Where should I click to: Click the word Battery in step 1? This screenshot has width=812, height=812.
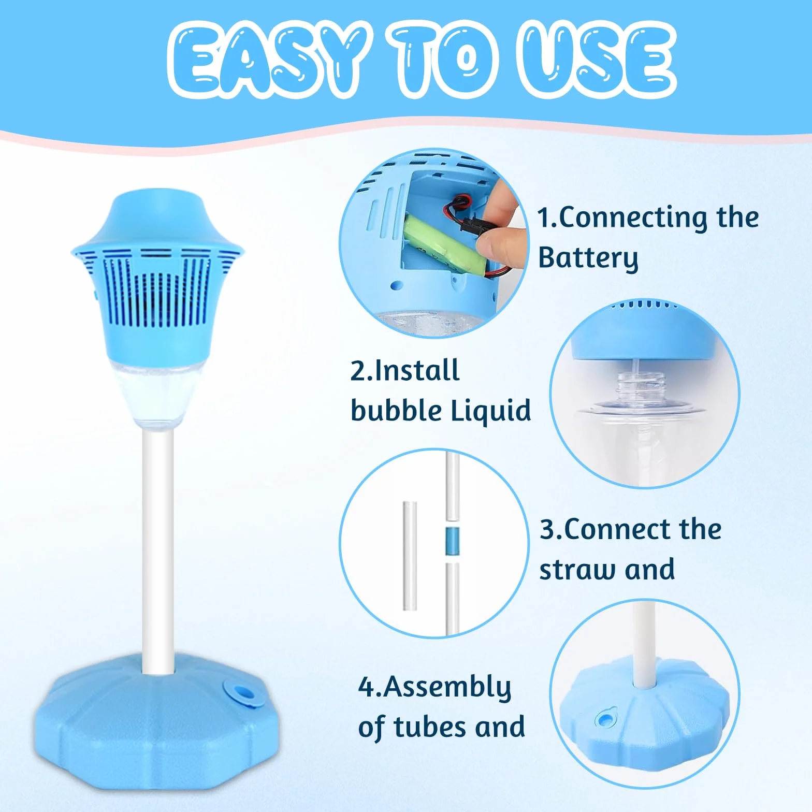coord(588,258)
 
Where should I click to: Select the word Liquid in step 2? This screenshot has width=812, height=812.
coord(491,411)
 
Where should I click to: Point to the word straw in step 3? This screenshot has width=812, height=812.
coord(577,570)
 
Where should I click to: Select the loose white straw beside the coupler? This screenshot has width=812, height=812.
coord(410,555)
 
